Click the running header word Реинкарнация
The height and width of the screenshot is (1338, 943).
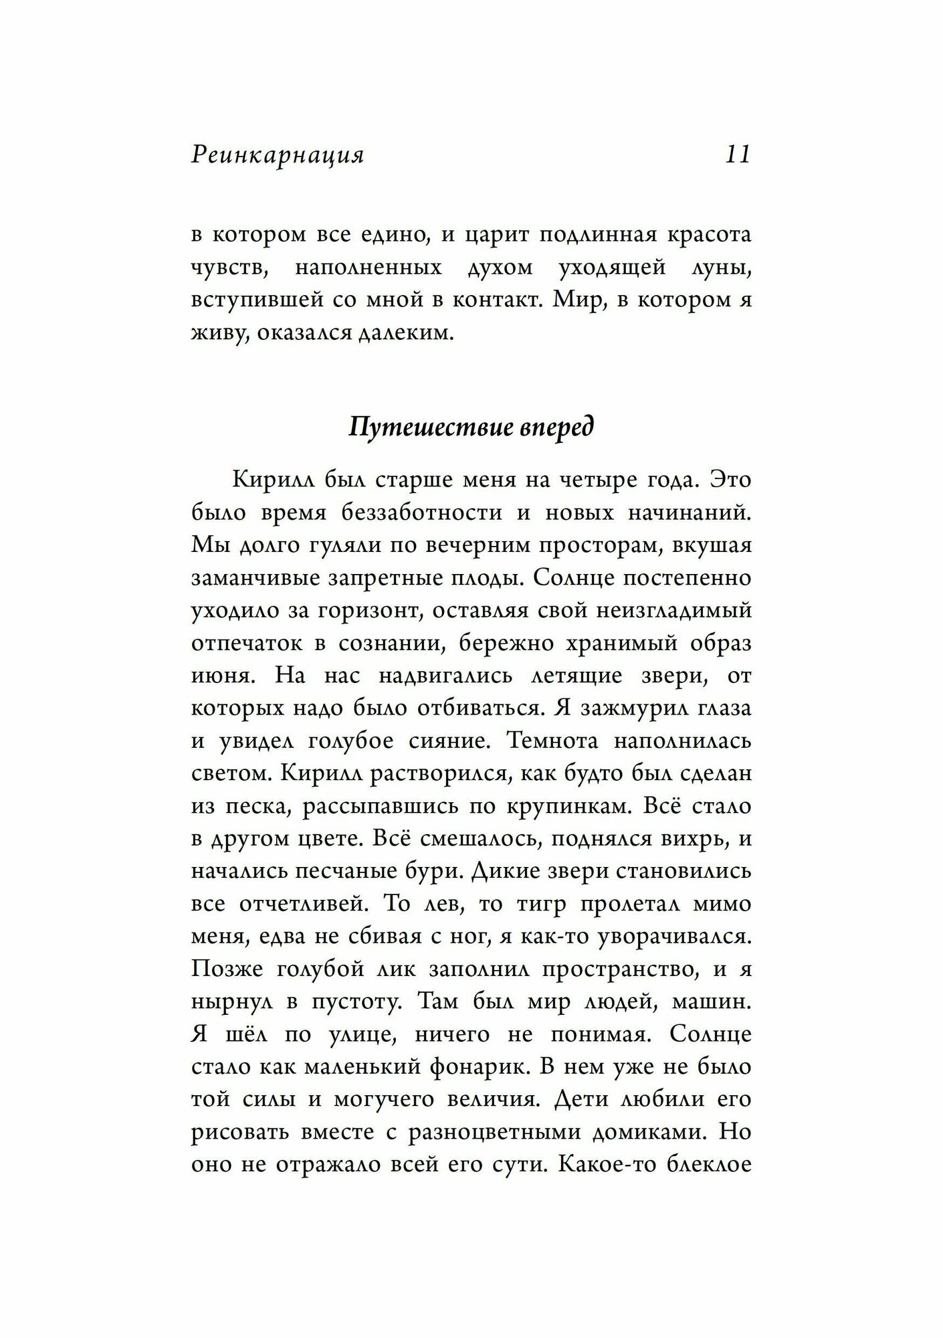click(278, 155)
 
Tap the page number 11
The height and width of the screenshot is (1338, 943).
click(738, 155)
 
